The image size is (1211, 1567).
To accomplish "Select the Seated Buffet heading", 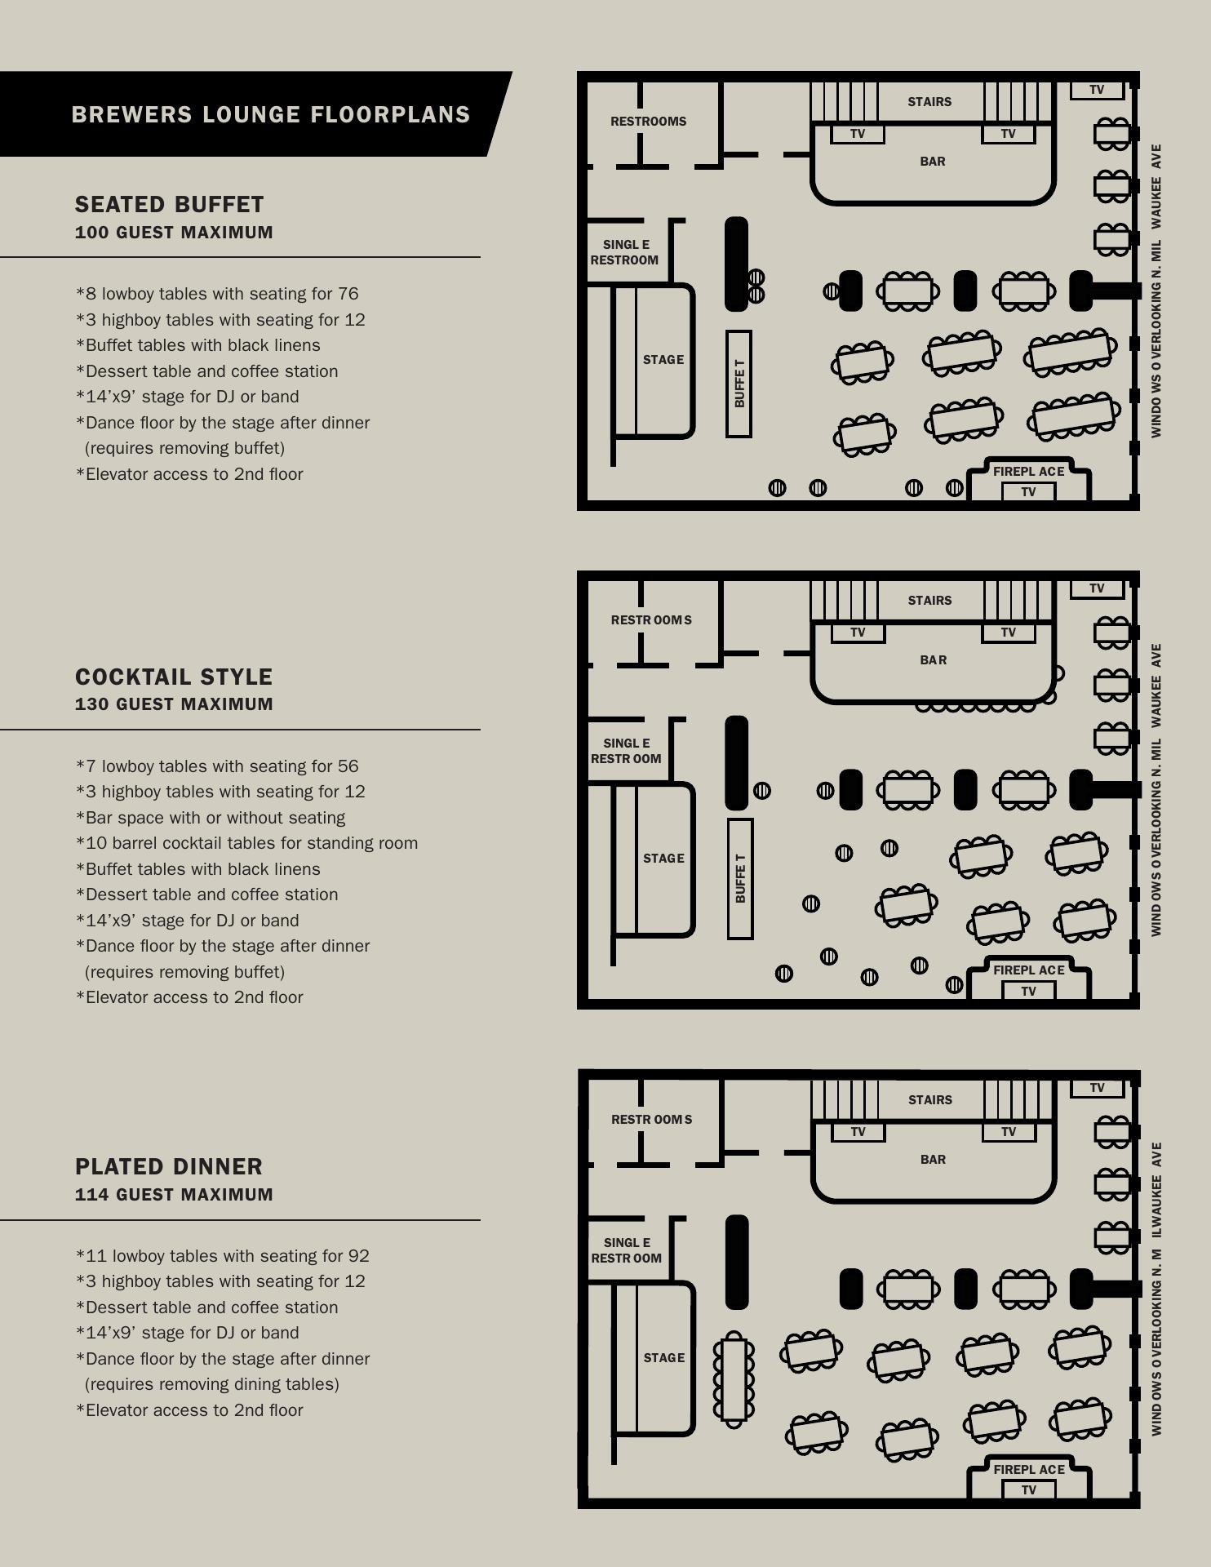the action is pos(170,204).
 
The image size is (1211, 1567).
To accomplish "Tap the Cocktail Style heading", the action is pos(174,677).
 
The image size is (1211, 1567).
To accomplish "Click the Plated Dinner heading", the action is pos(169,1166).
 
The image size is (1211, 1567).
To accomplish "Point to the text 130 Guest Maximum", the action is pos(174,704).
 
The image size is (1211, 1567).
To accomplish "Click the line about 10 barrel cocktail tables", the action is pos(246,843).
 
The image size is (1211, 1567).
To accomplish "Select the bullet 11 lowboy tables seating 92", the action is pos(222,1256).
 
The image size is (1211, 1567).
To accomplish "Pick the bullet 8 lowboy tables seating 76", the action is pos(217,294).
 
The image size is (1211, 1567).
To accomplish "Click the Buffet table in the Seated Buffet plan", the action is pos(739,384).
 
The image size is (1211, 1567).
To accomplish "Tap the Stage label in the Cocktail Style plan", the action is pos(663,859).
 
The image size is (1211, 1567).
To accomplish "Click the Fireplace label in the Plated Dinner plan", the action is pos(1029,1469).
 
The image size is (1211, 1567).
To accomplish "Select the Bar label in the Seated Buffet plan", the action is pos(933,162).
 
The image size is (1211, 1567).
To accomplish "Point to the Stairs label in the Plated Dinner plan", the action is pos(930,1100).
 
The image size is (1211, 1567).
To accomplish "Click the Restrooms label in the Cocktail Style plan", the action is pos(651,620).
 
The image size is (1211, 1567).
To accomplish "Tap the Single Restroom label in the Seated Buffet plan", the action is pos(625,252).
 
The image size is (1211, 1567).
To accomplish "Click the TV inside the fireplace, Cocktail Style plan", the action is pos(1028,991).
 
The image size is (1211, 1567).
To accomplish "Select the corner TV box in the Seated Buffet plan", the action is pos(1097,90).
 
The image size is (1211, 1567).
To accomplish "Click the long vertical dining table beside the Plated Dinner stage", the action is pos(734,1379).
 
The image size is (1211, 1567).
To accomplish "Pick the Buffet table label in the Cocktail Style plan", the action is pos(740,878).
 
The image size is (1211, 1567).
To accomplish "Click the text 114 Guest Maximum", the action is pos(174,1194).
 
